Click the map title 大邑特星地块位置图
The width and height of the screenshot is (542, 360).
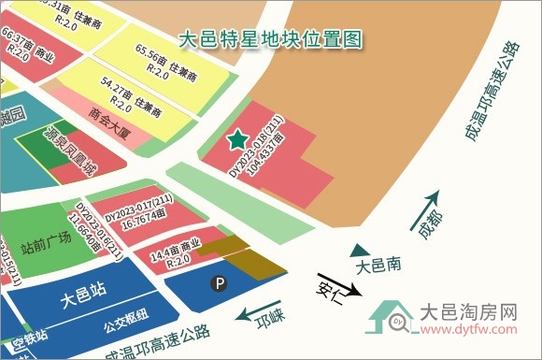268,40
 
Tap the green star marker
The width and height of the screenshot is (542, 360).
235,142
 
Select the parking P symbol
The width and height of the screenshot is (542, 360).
221,281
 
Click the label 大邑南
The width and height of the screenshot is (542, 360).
378,266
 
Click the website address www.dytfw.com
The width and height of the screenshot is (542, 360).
468,328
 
